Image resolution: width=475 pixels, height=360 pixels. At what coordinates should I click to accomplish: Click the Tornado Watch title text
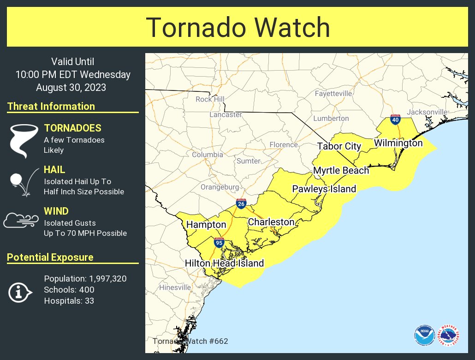238,28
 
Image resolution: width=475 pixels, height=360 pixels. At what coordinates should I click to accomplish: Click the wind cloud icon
21,221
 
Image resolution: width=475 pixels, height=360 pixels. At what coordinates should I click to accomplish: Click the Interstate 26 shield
241,204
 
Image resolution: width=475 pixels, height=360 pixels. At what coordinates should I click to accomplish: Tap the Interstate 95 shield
219,243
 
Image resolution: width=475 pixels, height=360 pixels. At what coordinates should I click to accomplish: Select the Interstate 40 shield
395,120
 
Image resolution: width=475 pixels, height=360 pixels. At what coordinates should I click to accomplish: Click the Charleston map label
271,222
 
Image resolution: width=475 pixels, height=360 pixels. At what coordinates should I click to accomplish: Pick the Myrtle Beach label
341,170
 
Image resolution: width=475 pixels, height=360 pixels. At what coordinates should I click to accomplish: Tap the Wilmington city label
398,143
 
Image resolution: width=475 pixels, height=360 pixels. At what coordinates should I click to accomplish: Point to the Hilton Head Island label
224,263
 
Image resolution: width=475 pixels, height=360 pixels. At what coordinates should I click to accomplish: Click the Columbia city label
208,155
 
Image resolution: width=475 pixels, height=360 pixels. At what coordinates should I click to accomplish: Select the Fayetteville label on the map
333,93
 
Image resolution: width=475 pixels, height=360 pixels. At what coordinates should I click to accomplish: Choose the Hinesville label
175,288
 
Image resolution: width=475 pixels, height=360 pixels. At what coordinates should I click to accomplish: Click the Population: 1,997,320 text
85,279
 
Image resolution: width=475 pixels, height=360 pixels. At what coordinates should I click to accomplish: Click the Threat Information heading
51,106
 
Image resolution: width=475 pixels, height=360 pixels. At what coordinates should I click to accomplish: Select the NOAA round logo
424,335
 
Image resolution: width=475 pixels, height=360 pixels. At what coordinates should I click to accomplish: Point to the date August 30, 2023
71,87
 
